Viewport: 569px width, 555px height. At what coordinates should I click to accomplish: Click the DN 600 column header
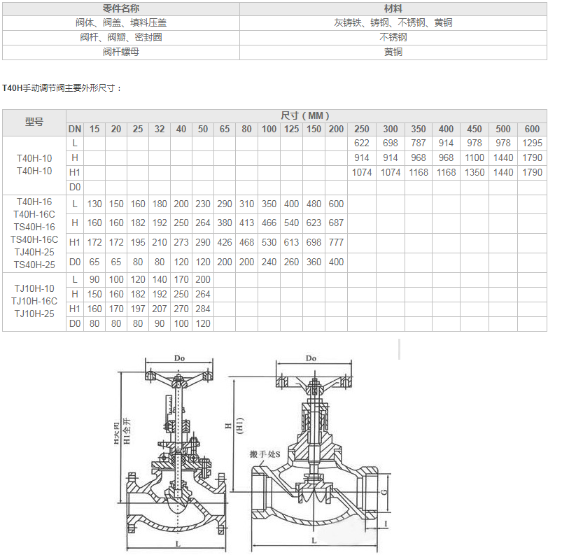(x=532, y=129)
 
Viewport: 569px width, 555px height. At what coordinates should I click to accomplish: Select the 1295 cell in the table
(x=532, y=143)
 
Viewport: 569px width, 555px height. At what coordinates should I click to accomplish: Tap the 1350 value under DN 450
(x=475, y=172)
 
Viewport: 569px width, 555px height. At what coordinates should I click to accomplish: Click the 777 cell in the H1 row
(x=336, y=242)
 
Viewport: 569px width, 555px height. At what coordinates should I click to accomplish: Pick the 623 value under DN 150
(x=314, y=223)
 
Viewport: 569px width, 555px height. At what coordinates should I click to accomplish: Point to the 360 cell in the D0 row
(x=314, y=262)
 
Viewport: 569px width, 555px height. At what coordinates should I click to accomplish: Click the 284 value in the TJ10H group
(x=203, y=309)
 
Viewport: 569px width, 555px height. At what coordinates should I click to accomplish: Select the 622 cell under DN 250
(x=361, y=143)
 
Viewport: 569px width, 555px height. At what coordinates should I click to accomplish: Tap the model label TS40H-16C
(x=34, y=239)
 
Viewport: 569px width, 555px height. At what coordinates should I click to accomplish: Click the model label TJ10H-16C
(x=34, y=301)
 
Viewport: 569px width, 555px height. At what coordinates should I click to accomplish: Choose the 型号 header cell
(x=34, y=122)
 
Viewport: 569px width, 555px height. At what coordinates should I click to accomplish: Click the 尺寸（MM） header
(x=305, y=115)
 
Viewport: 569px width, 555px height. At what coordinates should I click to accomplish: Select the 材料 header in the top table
(x=393, y=8)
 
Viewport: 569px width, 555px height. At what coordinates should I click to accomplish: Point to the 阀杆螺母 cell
(x=121, y=52)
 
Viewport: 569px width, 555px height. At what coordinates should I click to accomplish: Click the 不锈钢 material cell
(x=393, y=37)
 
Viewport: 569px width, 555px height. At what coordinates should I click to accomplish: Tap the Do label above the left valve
(x=179, y=358)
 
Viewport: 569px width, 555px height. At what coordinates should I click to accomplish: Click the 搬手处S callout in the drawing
(x=265, y=454)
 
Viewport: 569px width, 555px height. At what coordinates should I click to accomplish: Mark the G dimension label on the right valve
(x=384, y=492)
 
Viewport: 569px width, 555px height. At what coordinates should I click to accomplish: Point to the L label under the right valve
(x=314, y=540)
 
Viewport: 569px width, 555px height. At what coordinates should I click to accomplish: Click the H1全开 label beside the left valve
(x=127, y=431)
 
